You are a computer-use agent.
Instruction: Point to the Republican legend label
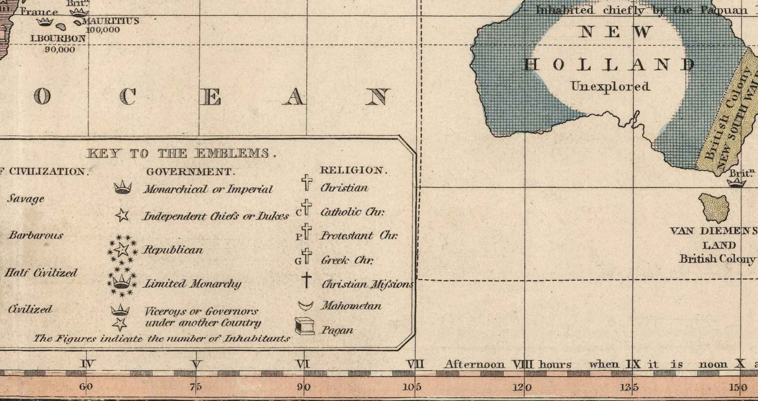(172, 250)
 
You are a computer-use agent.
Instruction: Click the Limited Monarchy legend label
(192, 284)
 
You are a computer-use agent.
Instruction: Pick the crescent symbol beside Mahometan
(305, 306)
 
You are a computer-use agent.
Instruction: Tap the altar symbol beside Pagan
(305, 326)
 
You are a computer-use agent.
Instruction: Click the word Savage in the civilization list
(26, 199)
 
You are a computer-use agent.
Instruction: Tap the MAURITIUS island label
(111, 21)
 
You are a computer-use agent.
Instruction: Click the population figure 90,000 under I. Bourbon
(60, 50)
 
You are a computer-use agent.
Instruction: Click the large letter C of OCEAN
(127, 97)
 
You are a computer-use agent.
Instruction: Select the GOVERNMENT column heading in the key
(191, 172)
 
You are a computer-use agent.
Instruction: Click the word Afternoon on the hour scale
(474, 365)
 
